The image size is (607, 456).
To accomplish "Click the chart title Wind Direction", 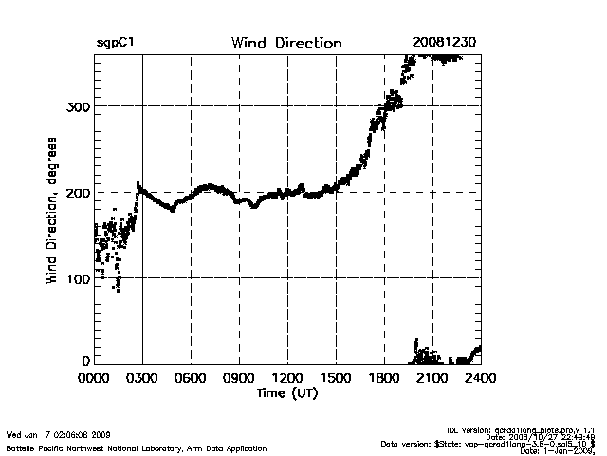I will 285,44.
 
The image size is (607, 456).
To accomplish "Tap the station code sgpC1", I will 116,44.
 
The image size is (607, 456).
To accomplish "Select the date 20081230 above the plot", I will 444,44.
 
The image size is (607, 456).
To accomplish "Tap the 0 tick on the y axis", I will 85,361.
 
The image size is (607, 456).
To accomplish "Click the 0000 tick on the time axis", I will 95,378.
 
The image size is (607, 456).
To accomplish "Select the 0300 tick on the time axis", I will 142,378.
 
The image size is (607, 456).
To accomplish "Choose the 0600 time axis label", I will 191,378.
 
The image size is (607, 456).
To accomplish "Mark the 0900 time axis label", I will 239,378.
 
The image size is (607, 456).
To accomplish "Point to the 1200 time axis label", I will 287,378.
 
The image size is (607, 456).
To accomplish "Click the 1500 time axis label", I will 336,378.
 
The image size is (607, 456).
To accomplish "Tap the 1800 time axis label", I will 384,378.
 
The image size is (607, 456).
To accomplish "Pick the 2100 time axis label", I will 432,378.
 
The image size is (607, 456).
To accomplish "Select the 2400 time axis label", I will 480,378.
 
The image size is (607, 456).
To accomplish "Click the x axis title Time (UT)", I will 285,392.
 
